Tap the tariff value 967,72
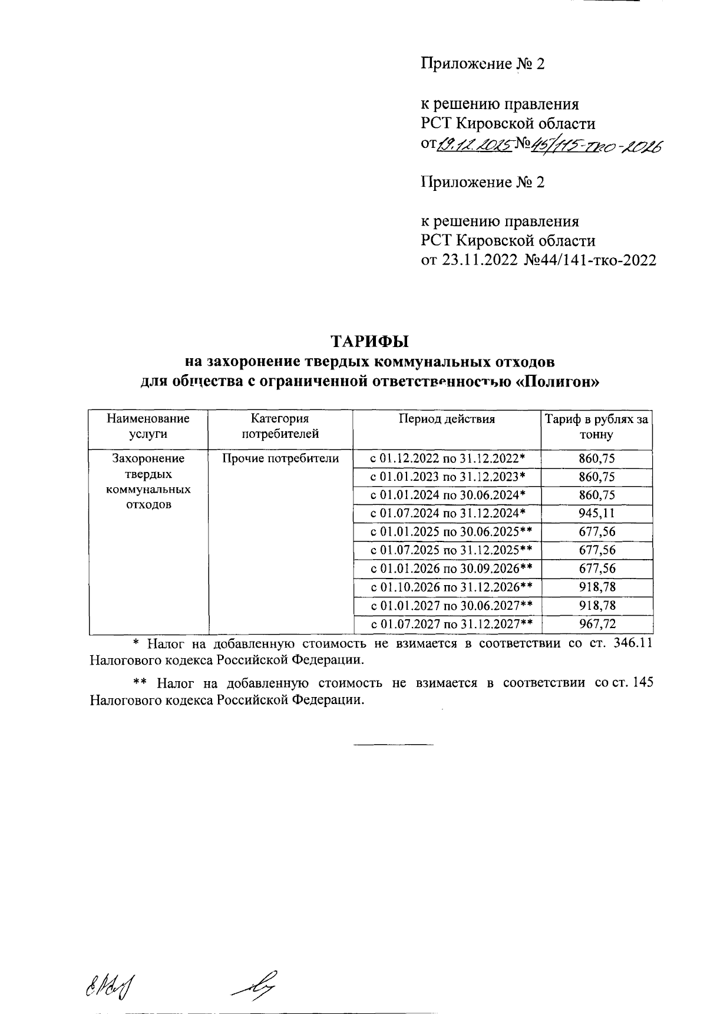click(x=597, y=624)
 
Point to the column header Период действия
click(x=447, y=420)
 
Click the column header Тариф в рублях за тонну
click(x=596, y=427)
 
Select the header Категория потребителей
click(x=280, y=427)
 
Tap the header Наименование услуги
click(x=148, y=427)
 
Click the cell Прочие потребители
click(x=280, y=458)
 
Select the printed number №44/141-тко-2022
click(x=590, y=260)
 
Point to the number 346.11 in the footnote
click(x=633, y=643)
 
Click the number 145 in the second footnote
click(x=641, y=683)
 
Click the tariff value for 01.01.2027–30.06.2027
click(x=597, y=606)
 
